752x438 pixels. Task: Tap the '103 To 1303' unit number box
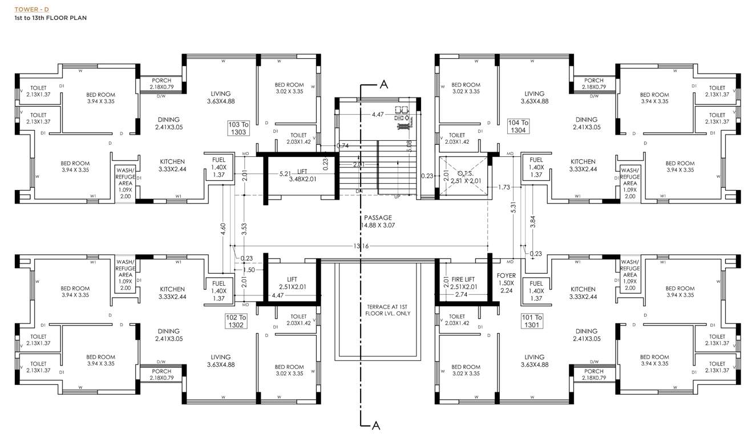(238, 128)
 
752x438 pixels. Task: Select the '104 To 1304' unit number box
(518, 126)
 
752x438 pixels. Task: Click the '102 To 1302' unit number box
(236, 321)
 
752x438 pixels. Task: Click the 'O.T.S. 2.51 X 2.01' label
(463, 177)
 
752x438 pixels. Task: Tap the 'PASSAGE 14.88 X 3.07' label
(378, 221)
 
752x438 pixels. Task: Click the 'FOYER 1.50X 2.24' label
(506, 282)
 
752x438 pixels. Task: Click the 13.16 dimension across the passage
(362, 246)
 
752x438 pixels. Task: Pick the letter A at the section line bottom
(375, 425)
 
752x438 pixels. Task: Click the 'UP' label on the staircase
(397, 196)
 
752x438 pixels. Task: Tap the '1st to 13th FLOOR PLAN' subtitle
(51, 18)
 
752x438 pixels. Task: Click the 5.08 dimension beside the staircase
(409, 145)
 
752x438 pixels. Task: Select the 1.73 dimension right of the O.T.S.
(503, 187)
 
